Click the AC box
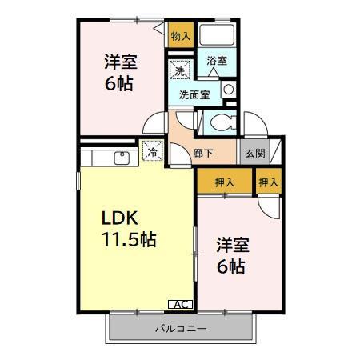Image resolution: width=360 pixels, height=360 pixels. [181, 304]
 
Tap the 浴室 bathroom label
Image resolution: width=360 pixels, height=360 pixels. [217, 60]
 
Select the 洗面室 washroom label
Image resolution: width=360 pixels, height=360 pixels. [194, 94]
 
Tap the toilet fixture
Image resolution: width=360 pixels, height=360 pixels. [221, 121]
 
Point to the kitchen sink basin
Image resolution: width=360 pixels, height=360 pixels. [125, 157]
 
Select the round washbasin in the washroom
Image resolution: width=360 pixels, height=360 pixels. [228, 89]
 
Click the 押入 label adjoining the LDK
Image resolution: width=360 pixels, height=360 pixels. [225, 183]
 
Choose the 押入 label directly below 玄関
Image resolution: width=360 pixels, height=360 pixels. [269, 183]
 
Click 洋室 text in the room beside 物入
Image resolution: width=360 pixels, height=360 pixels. [118, 62]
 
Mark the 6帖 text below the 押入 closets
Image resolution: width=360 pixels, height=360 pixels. [230, 266]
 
